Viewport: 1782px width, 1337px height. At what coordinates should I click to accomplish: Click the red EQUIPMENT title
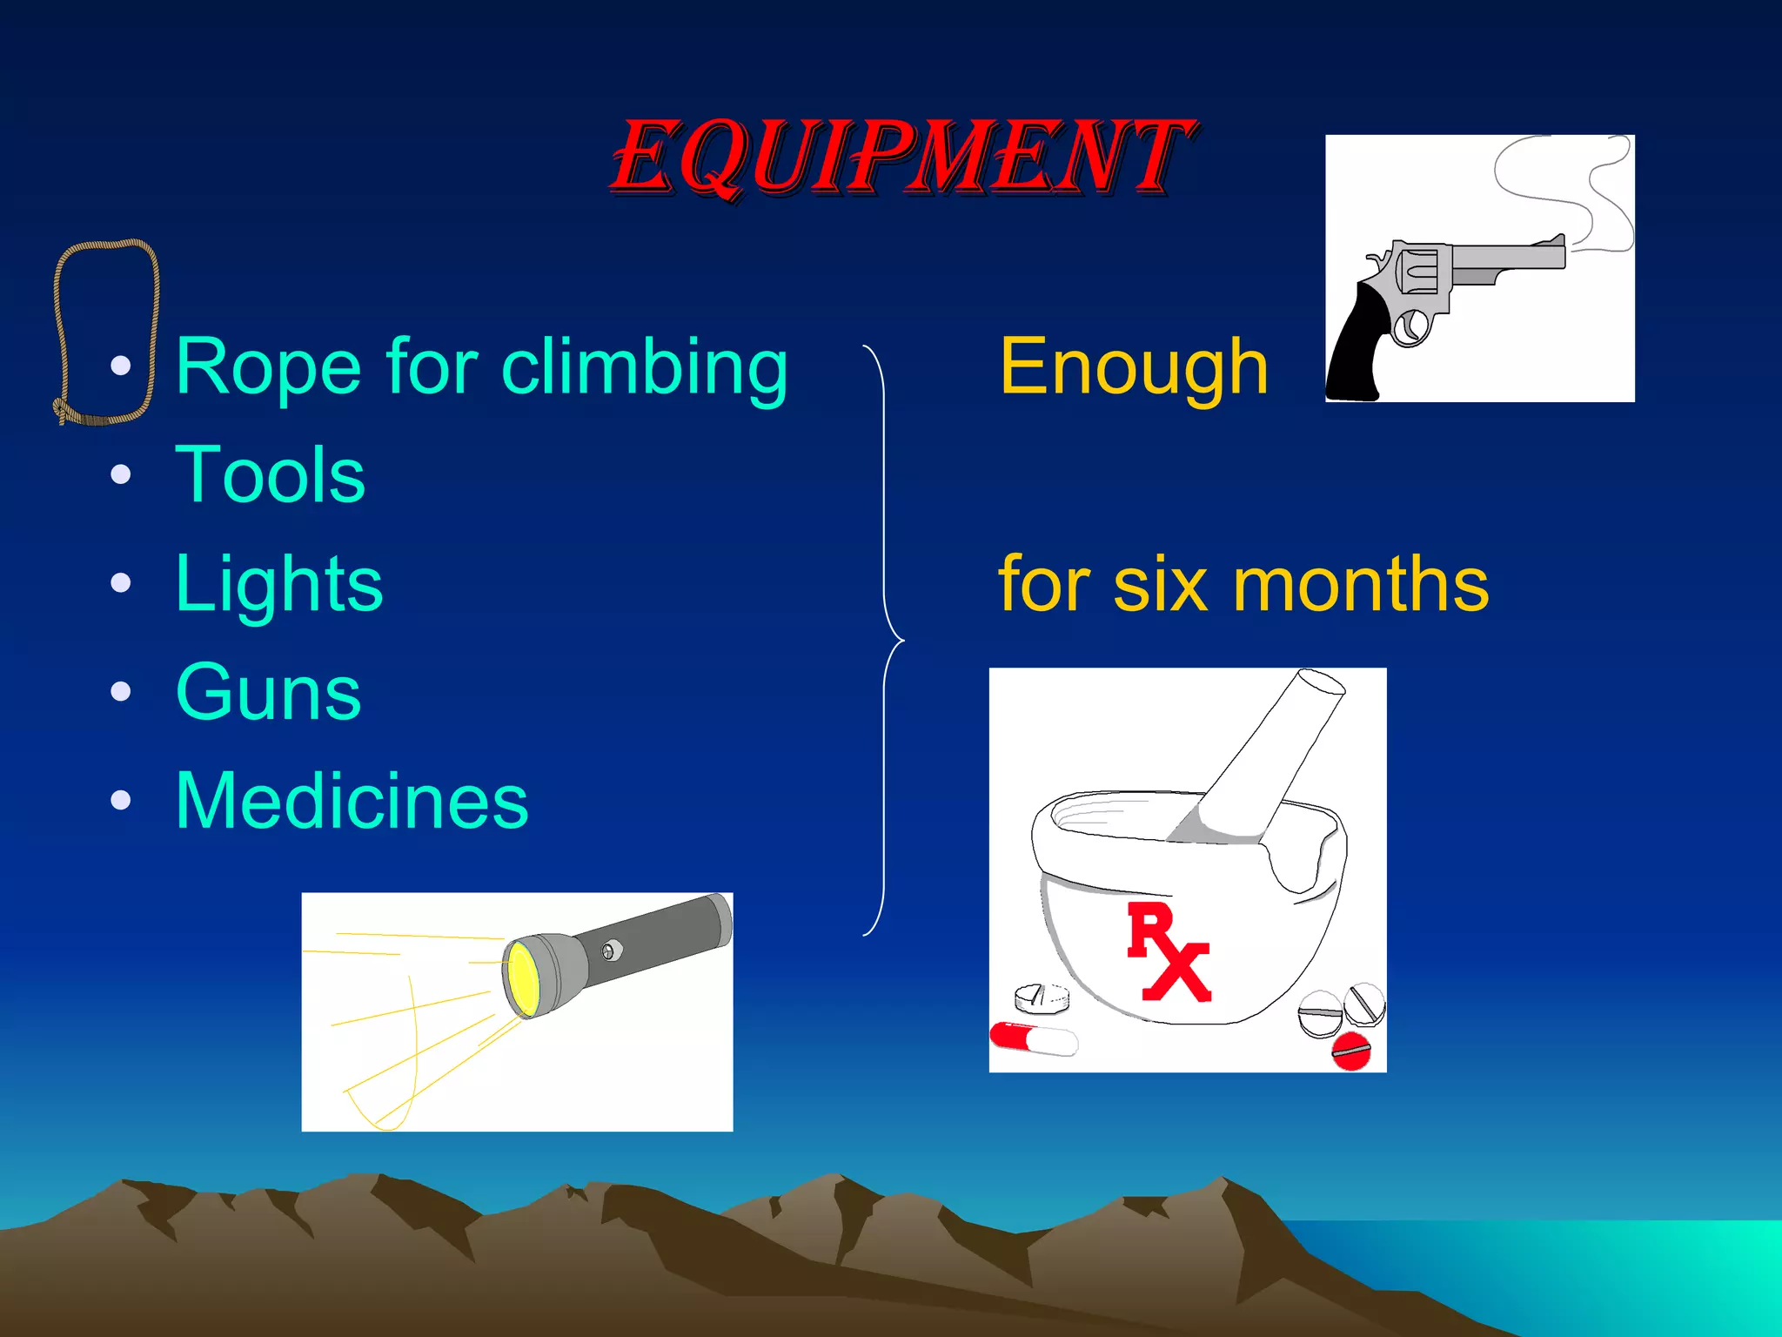[x=901, y=157]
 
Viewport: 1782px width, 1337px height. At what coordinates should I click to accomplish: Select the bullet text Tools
[x=270, y=475]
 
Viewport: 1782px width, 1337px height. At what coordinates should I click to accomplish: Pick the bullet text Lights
[x=278, y=584]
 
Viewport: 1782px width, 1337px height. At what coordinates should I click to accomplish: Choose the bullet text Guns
[x=268, y=693]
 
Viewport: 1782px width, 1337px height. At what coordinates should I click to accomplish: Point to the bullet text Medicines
[x=352, y=801]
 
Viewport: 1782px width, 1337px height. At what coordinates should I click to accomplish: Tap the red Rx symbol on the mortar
[x=1168, y=952]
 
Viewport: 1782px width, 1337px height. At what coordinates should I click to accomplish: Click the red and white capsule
[x=1034, y=1038]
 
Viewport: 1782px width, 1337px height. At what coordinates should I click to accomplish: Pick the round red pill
[x=1351, y=1051]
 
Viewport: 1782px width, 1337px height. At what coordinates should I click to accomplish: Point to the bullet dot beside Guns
[x=121, y=693]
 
